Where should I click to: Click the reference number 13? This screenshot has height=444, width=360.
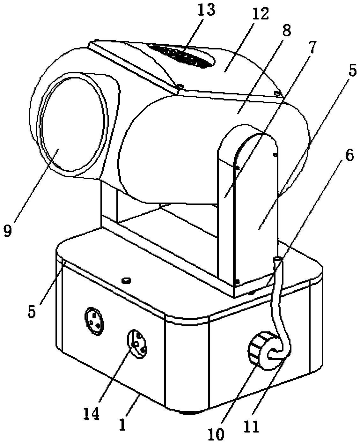tap(206, 11)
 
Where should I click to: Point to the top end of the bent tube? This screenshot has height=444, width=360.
tap(277, 259)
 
